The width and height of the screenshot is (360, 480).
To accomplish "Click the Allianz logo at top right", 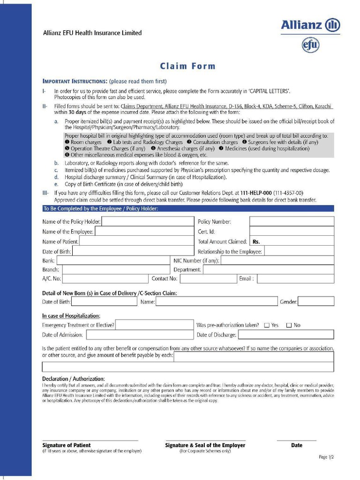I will tap(310, 25).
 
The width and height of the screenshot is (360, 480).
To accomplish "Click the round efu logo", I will tap(310, 45).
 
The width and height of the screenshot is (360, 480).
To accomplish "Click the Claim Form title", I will tap(188, 66).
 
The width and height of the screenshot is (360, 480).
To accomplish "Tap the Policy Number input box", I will tap(292, 221).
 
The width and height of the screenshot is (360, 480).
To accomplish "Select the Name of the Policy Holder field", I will tap(148, 221).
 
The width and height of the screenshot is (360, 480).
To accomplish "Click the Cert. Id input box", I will tap(292, 231).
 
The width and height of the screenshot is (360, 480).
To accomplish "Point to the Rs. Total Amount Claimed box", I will tap(292, 241).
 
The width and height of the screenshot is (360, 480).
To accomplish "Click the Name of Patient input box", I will tap(136, 241).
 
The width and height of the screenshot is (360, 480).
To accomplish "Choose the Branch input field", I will tap(116, 270).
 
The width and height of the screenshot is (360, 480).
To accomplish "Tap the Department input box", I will tap(268, 270).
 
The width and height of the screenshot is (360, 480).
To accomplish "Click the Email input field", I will tap(295, 279).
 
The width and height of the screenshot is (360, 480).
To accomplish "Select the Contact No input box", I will tap(208, 279).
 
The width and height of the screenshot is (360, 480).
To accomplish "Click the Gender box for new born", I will tap(316, 301).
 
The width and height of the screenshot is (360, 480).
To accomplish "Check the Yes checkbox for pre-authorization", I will tap(267, 325).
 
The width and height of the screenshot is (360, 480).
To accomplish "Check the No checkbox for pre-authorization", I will tap(289, 325).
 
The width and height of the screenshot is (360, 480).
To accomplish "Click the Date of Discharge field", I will tap(285, 335).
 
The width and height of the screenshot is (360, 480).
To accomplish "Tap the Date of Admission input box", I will tap(139, 335).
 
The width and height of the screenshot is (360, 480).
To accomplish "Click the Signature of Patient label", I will tap(67, 445).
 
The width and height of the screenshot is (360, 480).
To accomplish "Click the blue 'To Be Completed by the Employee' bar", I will tap(188, 209).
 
